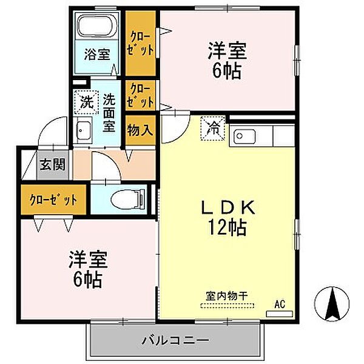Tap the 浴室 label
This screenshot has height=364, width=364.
[97, 54]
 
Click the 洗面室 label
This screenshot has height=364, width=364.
[109, 112]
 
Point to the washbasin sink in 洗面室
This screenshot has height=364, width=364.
[83, 130]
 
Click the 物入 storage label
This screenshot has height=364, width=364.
[140, 130]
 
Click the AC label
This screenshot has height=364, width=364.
[280, 303]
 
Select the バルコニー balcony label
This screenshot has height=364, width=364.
[177, 340]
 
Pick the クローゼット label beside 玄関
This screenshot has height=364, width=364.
[53, 199]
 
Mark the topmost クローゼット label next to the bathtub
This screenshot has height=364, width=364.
[140, 42]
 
